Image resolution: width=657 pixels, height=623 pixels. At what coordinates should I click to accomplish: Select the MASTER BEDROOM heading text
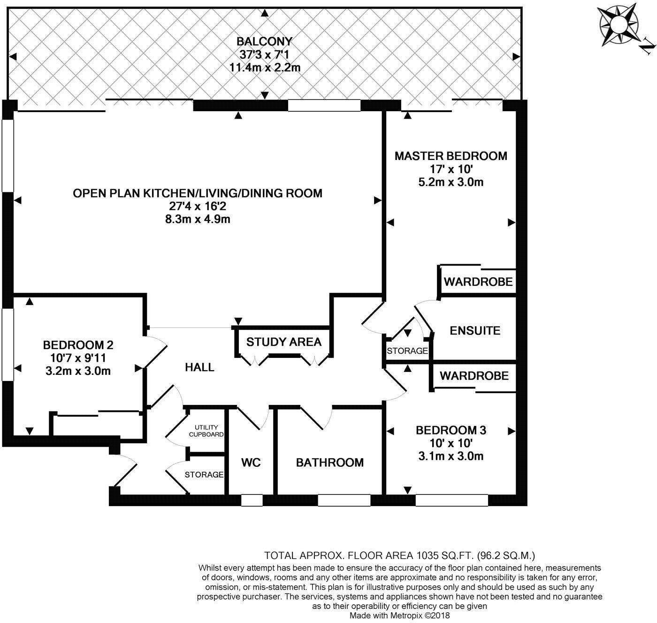(451, 156)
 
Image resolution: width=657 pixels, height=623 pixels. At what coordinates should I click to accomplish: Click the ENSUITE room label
(475, 331)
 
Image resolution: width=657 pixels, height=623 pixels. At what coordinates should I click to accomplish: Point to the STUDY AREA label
(284, 342)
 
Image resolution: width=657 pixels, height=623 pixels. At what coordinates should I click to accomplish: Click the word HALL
(199, 367)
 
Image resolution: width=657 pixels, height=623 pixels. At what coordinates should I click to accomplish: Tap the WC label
(251, 463)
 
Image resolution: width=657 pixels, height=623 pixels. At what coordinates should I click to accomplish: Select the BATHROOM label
(329, 463)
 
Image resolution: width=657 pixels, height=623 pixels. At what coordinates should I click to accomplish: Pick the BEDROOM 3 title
(451, 430)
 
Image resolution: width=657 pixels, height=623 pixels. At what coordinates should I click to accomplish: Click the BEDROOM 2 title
(78, 345)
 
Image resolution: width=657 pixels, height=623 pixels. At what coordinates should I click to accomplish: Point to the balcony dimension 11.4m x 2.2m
(265, 68)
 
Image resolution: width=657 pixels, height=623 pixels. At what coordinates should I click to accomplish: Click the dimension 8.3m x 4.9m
(198, 219)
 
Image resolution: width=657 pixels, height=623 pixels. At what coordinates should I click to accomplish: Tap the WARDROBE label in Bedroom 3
(474, 376)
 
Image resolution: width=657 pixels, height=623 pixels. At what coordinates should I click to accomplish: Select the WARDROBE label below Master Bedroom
(478, 282)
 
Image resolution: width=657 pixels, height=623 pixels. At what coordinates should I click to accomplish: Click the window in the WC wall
(252, 501)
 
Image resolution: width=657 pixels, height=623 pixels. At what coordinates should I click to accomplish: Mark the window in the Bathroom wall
(344, 501)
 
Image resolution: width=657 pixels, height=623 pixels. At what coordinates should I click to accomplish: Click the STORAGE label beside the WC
(204, 475)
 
